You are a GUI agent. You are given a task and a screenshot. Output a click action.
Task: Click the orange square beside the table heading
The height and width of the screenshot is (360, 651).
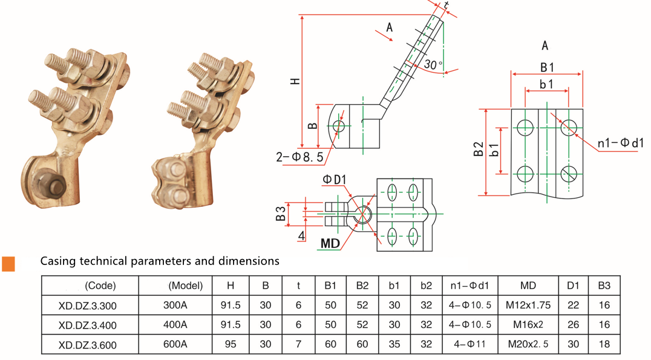pyautogui.click(x=8, y=263)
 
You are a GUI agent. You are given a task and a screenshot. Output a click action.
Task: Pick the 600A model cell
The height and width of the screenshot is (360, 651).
pyautogui.click(x=175, y=345)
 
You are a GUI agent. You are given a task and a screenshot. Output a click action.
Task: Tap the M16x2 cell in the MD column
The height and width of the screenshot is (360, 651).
pyautogui.click(x=524, y=325)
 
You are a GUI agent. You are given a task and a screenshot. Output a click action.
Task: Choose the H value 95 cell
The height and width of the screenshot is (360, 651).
pyautogui.click(x=231, y=345)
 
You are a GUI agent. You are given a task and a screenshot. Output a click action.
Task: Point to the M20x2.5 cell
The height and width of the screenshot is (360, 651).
pyautogui.click(x=524, y=345)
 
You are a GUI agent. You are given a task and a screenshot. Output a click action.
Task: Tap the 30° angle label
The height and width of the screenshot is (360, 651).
pyautogui.click(x=433, y=64)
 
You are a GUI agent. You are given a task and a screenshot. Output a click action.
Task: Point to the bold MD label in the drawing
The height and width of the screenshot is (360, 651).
pyautogui.click(x=330, y=243)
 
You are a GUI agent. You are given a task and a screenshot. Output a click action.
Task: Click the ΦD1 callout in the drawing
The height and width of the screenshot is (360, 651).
pyautogui.click(x=334, y=180)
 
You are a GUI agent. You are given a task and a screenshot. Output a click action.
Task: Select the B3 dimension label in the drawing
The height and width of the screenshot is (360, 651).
pyautogui.click(x=281, y=214)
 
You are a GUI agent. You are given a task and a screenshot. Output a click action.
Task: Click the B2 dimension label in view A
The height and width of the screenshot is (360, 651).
pyautogui.click(x=479, y=150)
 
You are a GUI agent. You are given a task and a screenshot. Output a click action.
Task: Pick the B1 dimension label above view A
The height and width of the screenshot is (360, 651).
pyautogui.click(x=547, y=67)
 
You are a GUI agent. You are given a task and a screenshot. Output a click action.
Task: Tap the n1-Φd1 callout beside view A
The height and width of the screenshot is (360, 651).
pyautogui.click(x=620, y=143)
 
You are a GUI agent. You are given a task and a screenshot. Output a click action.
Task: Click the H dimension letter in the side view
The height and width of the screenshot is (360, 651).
pyautogui.click(x=295, y=81)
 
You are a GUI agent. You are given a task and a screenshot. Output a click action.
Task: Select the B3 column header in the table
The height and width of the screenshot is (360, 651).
pyautogui.click(x=604, y=286)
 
